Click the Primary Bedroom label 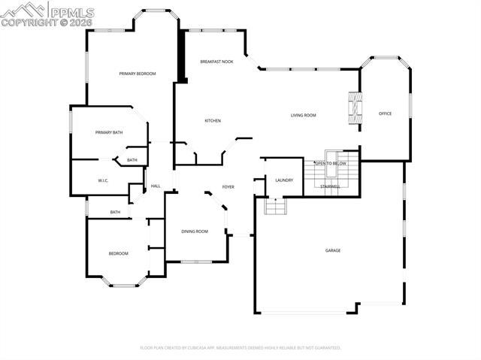138,74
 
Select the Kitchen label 213,120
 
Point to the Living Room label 304,115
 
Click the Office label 385,113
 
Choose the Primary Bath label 109,132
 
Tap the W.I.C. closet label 104,180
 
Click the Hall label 156,186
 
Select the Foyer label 228,186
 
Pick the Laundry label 284,180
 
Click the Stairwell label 330,186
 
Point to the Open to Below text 330,163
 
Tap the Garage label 332,250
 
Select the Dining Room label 195,231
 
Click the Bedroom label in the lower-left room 118,253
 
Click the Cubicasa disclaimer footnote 240,348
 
